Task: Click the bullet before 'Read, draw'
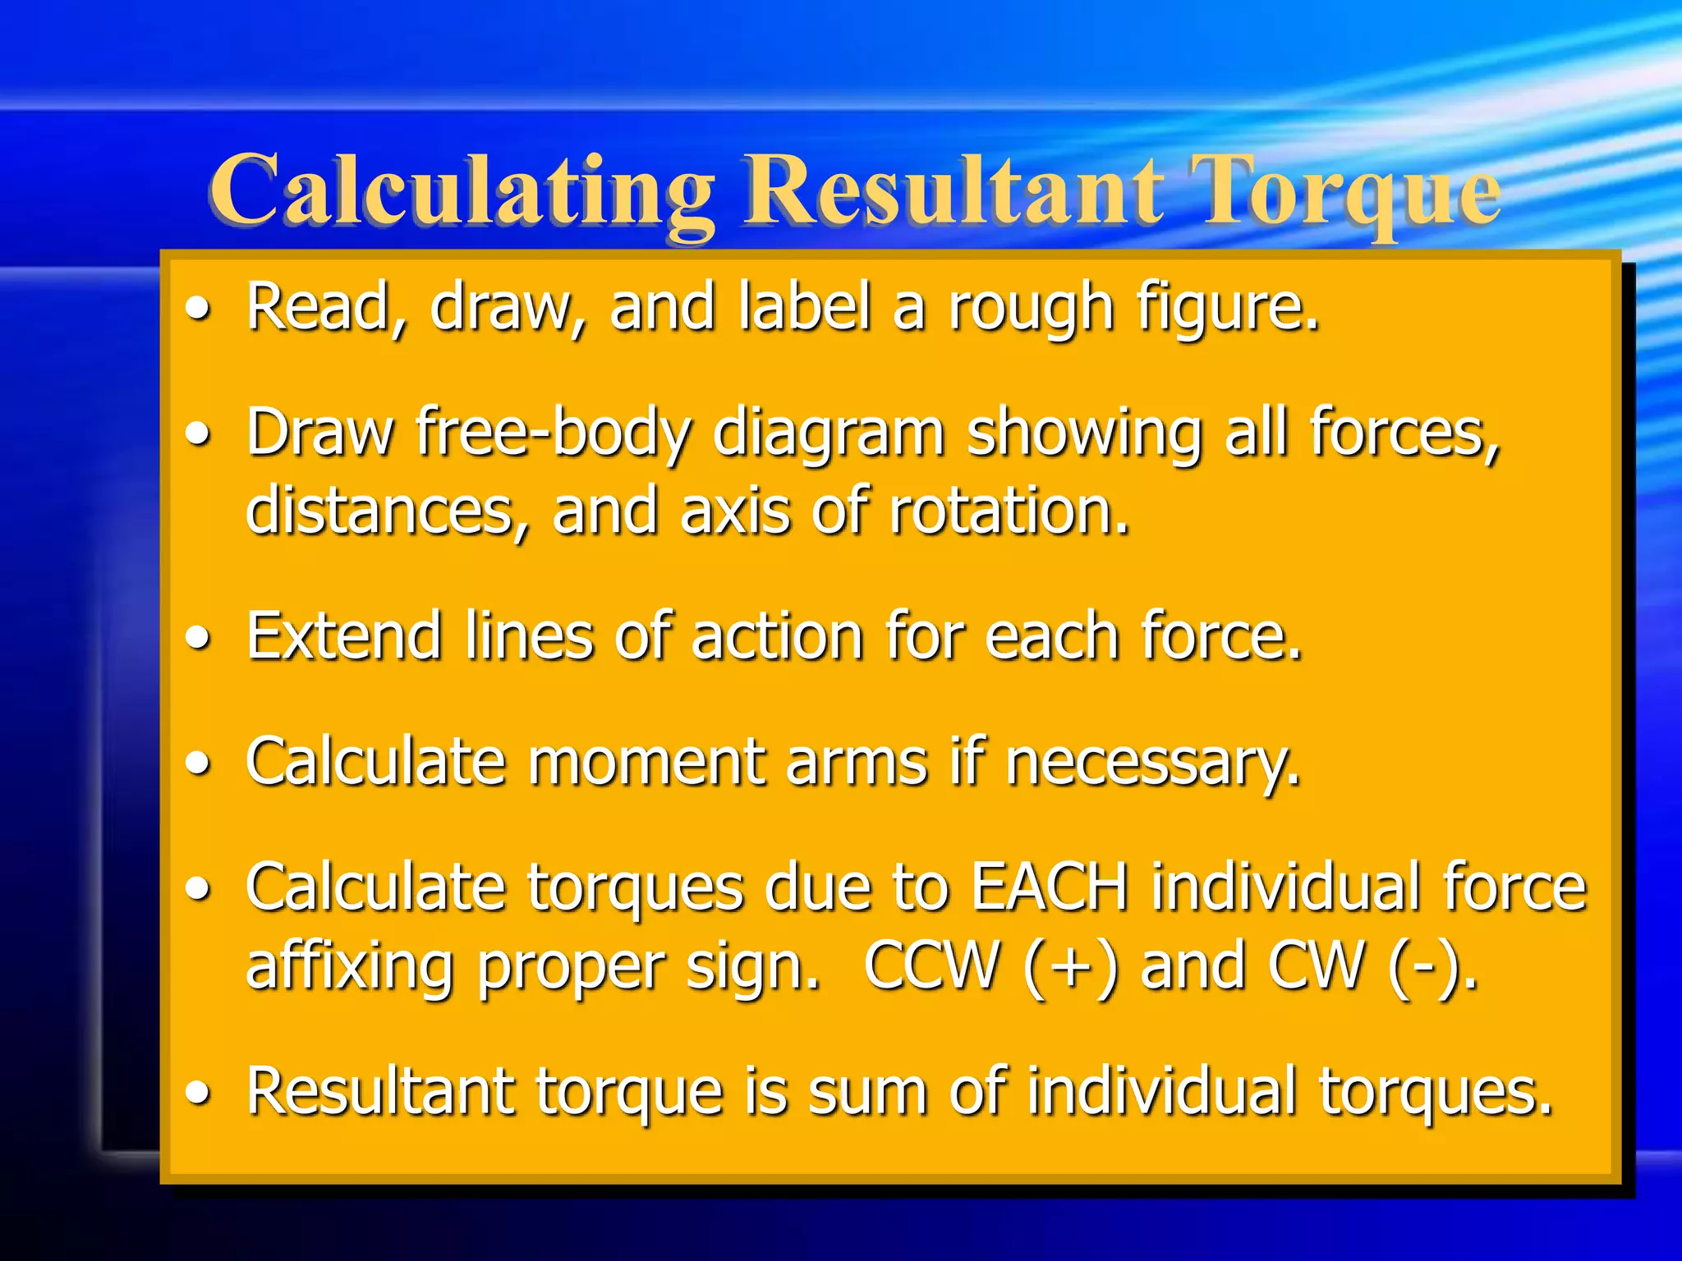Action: point(198,310)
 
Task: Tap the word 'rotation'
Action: point(1009,511)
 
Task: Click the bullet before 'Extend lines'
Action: point(198,638)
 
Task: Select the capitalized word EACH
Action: point(1050,887)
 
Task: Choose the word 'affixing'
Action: point(350,966)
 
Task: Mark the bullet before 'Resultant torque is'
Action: point(198,1093)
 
